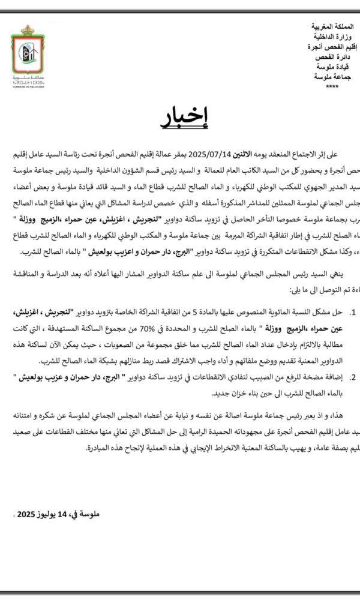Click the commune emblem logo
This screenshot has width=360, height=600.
[x=26, y=52]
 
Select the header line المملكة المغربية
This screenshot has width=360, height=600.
[x=334, y=28]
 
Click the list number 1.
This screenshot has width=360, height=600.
[x=352, y=313]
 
